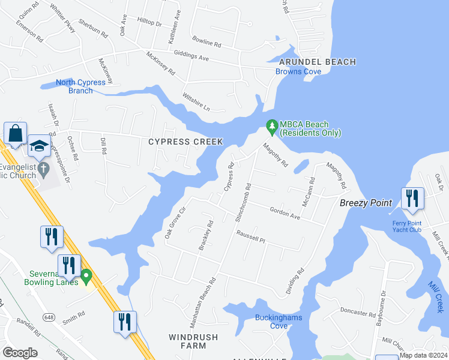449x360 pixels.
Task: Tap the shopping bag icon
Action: (x=15, y=133)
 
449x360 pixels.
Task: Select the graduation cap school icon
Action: (x=39, y=146)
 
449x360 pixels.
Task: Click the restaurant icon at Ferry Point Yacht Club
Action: (x=412, y=199)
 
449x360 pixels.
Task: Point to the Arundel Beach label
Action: (x=318, y=62)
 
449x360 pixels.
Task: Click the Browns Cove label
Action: (x=298, y=72)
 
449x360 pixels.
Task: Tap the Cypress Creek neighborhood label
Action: (x=185, y=142)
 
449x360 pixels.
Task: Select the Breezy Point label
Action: (x=366, y=203)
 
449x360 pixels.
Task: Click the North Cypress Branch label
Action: (x=81, y=86)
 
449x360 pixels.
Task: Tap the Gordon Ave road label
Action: (x=285, y=212)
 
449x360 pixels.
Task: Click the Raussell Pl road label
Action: (x=250, y=238)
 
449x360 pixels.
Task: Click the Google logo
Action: (x=20, y=353)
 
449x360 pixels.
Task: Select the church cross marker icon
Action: (x=43, y=169)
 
